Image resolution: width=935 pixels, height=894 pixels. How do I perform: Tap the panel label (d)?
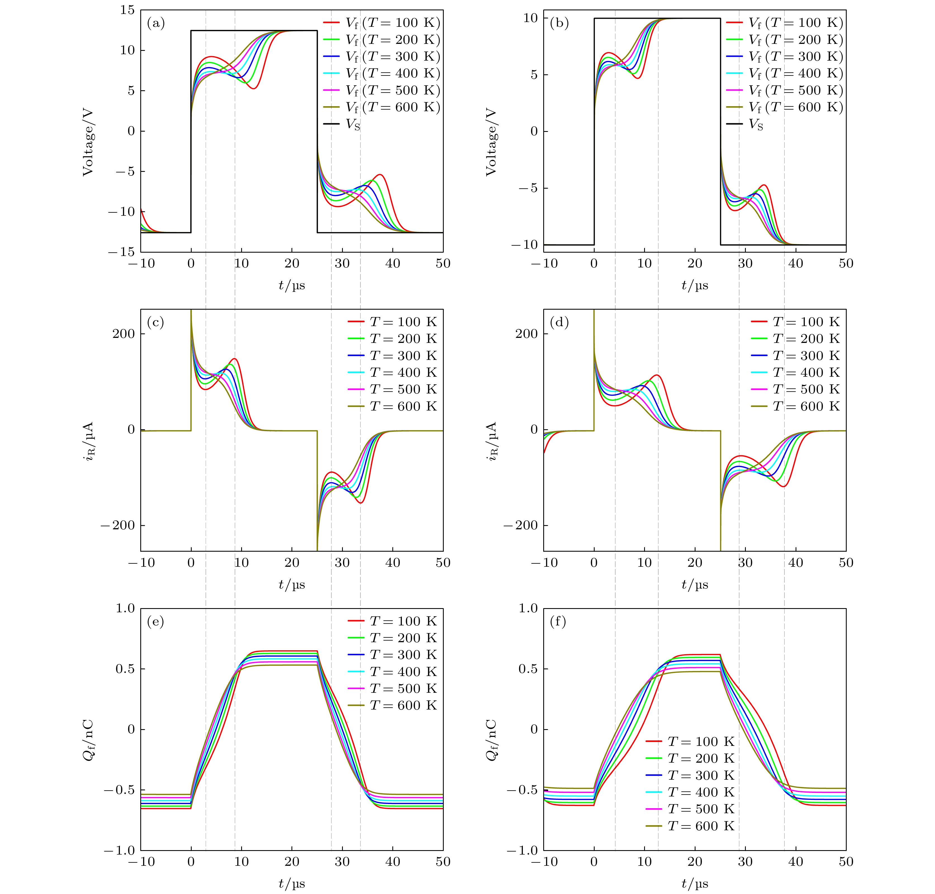tap(559, 322)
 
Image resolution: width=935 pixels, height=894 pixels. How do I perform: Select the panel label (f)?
tap(558, 622)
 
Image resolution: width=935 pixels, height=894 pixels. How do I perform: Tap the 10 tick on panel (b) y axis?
tap(530, 18)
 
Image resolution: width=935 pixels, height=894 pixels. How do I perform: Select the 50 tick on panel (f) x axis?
tap(846, 862)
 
